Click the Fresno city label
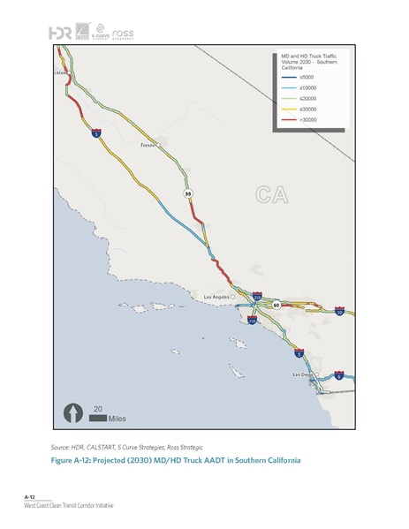pyautogui.click(x=149, y=145)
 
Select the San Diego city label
pyautogui.click(x=303, y=374)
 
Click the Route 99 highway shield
pyautogui.click(x=187, y=193)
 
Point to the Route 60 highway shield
pyautogui.click(x=276, y=305)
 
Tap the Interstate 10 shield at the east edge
pyautogui.click(x=339, y=311)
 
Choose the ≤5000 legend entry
pyautogui.click(x=296, y=79)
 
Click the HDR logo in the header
pyautogui.click(x=61, y=33)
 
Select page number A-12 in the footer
pyautogui.click(x=29, y=499)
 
